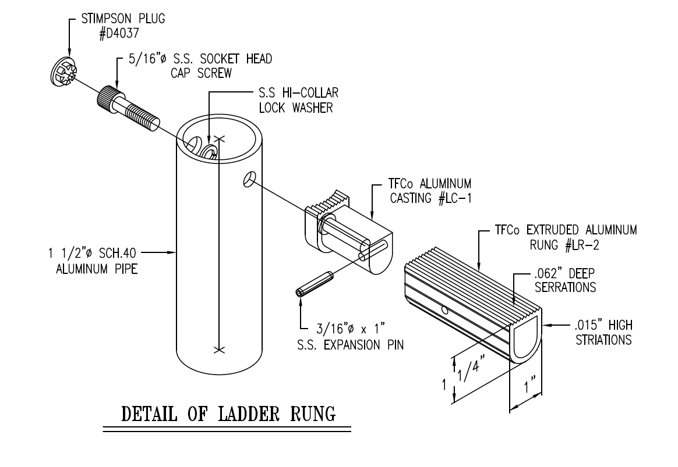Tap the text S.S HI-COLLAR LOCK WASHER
(298, 101)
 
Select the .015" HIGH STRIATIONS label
(603, 332)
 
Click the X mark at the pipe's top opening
(219, 138)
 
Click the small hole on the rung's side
(445, 311)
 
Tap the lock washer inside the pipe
(209, 152)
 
